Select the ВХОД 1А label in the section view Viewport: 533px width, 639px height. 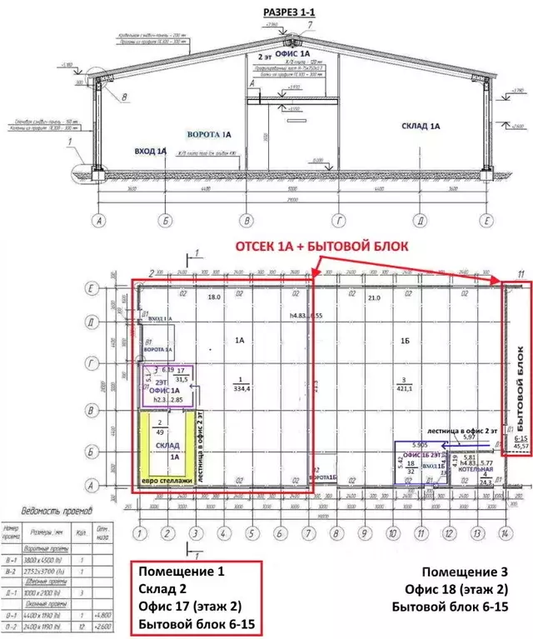[150, 152]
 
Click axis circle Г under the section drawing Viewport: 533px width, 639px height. [339, 221]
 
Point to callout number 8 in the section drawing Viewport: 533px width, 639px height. [127, 98]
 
